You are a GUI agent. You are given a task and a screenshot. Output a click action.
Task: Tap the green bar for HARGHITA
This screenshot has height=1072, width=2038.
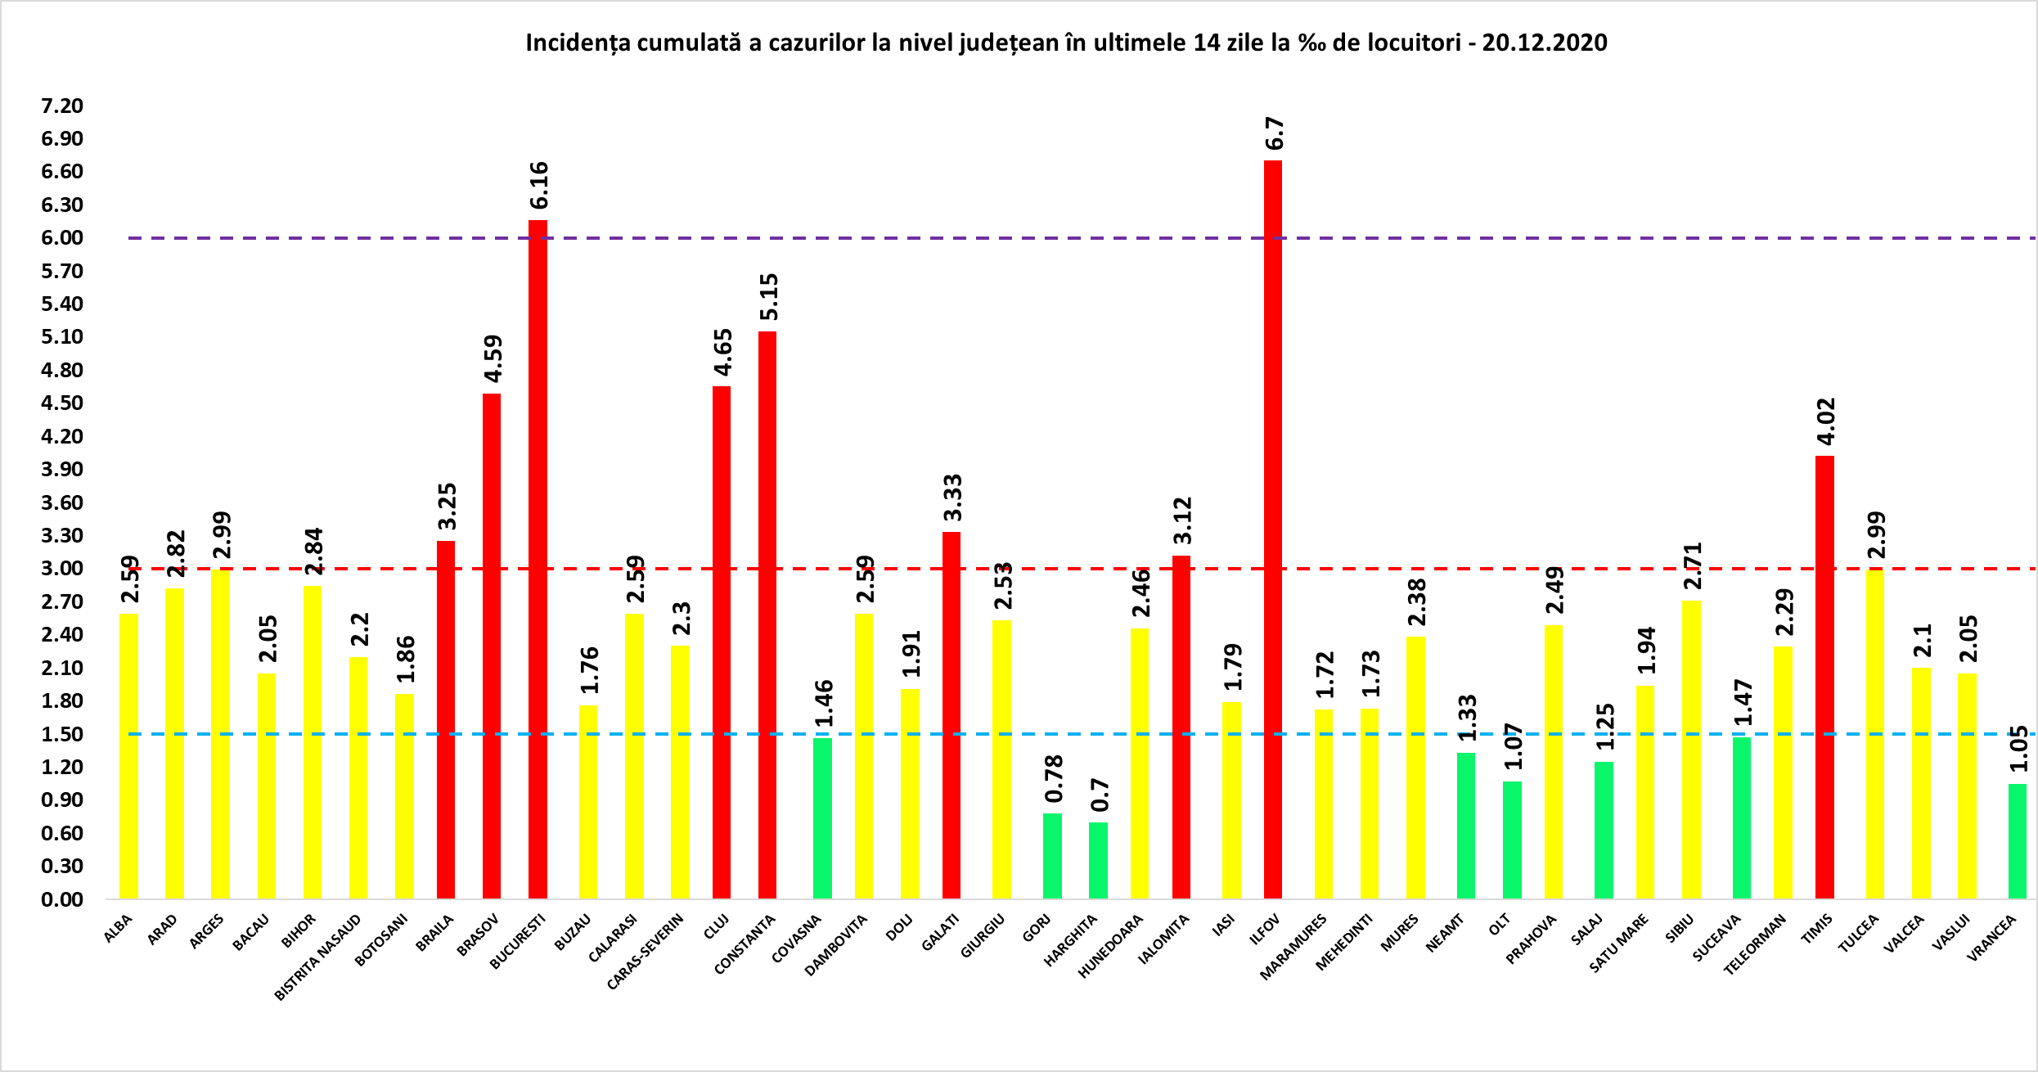[1098, 860]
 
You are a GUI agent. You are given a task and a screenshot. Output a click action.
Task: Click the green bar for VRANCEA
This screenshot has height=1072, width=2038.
[2018, 841]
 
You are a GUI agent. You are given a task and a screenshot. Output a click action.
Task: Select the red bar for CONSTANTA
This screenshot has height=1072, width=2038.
[767, 615]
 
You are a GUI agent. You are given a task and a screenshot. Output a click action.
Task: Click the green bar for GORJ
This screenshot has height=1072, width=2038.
[1052, 855]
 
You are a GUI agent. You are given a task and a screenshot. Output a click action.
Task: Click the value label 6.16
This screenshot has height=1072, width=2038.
[539, 186]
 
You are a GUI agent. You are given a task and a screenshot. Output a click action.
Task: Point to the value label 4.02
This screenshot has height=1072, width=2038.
[1826, 421]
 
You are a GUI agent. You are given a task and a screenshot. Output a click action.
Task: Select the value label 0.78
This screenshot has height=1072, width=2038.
[1054, 779]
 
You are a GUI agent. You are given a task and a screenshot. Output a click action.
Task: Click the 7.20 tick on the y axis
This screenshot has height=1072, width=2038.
[62, 106]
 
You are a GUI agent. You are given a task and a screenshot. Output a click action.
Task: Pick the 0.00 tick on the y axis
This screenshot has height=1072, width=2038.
[62, 899]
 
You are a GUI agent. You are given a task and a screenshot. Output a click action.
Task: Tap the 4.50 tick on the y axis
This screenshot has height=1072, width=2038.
[62, 403]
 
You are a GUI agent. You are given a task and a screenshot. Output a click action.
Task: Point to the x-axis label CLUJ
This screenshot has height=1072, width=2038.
[716, 926]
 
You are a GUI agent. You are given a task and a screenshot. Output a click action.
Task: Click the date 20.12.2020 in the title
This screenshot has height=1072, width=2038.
[1545, 43]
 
